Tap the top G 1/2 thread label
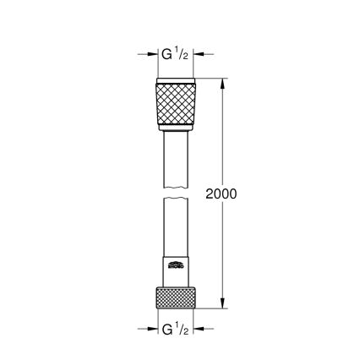coord(177,55)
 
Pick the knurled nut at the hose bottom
coord(177,299)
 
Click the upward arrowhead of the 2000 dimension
coord(223,84)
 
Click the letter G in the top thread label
coord(167,55)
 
